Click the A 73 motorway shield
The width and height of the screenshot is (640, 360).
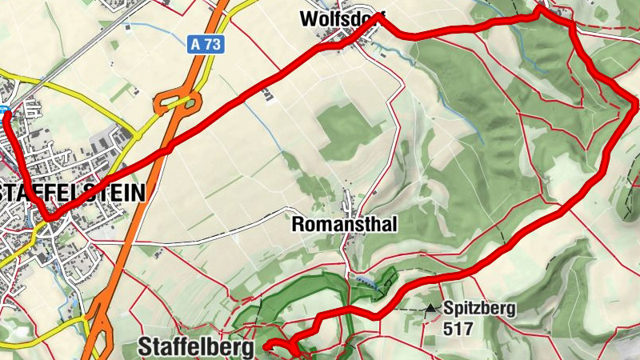[206, 45]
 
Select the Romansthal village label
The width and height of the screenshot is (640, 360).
[345, 225]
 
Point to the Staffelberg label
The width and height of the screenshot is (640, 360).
[196, 346]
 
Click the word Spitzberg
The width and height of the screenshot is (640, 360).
[480, 308]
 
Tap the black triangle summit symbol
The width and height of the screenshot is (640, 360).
[432, 307]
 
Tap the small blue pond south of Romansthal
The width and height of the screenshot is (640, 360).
[364, 281]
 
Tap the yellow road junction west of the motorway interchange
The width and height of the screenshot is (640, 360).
[132, 133]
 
